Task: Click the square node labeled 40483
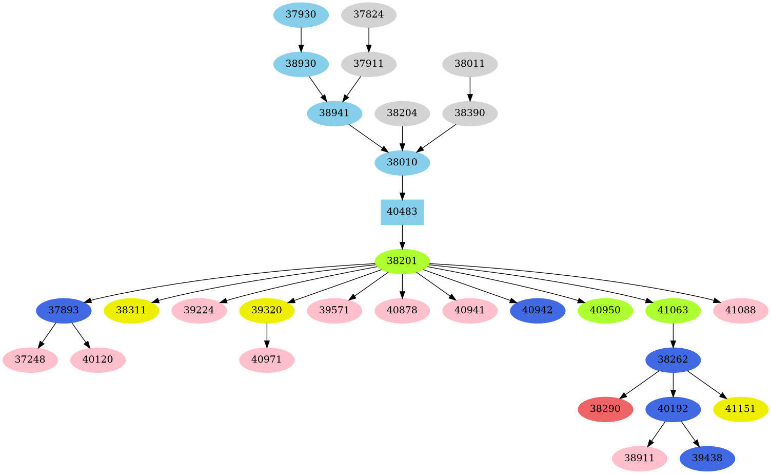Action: [x=402, y=212]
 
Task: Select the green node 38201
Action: [x=402, y=261]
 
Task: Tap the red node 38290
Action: [x=605, y=409]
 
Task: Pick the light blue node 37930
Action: [x=301, y=14]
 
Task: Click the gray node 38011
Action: [x=470, y=64]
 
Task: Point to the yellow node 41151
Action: [x=741, y=409]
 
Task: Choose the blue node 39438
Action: [x=707, y=459]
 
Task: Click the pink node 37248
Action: [x=30, y=359]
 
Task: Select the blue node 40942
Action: [x=538, y=310]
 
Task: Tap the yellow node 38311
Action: [x=131, y=310]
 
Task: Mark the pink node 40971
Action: [x=267, y=359]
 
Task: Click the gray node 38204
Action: [x=402, y=113]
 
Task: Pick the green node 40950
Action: [x=605, y=310]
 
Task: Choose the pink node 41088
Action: [x=741, y=310]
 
